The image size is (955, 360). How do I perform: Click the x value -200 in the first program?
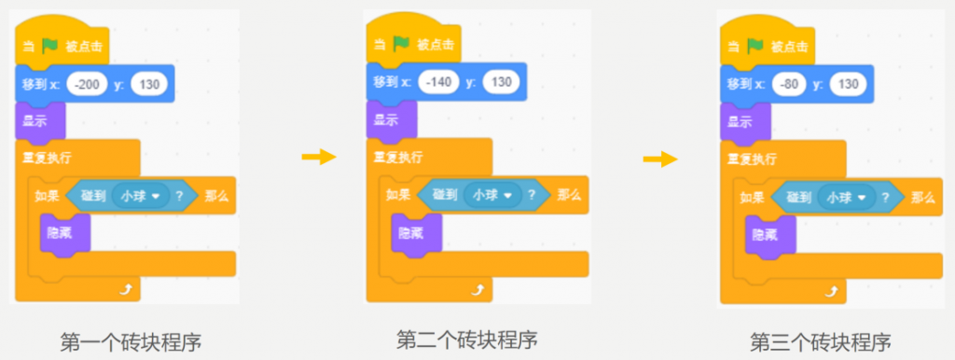click(88, 84)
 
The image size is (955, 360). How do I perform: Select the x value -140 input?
click(440, 82)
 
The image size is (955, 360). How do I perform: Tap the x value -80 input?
click(791, 84)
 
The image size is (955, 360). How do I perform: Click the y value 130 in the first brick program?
click(148, 84)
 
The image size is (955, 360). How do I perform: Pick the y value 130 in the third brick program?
click(848, 84)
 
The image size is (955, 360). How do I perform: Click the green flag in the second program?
click(401, 43)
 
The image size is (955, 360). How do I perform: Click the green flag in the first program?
click(49, 46)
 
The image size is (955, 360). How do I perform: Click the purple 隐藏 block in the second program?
click(417, 232)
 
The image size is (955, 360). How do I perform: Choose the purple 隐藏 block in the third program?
click(770, 234)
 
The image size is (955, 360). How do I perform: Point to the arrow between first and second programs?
click(319, 158)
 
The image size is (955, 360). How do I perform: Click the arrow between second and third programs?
click(660, 159)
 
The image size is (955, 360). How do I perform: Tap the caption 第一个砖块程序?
click(131, 343)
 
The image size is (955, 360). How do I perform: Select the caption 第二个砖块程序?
click(467, 339)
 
